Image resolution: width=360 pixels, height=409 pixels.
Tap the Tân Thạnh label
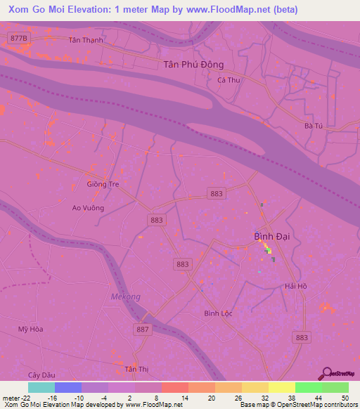pos(86,40)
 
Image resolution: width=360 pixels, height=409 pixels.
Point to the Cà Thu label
pos(229,80)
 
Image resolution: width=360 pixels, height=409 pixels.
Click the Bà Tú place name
pos(313,126)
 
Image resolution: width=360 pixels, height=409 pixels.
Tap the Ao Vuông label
pos(88,208)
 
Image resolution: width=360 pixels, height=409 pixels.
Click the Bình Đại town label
pos(271,237)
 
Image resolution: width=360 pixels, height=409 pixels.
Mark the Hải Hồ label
pos(296,286)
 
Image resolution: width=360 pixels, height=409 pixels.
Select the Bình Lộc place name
pos(218,313)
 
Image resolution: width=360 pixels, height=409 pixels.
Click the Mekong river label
pos(126,297)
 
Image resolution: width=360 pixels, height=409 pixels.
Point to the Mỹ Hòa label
pos(31,329)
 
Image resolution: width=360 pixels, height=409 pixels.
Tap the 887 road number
pos(143,329)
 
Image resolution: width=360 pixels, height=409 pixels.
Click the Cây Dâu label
pos(41,375)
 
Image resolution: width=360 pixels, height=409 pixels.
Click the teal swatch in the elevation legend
pos(41,387)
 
